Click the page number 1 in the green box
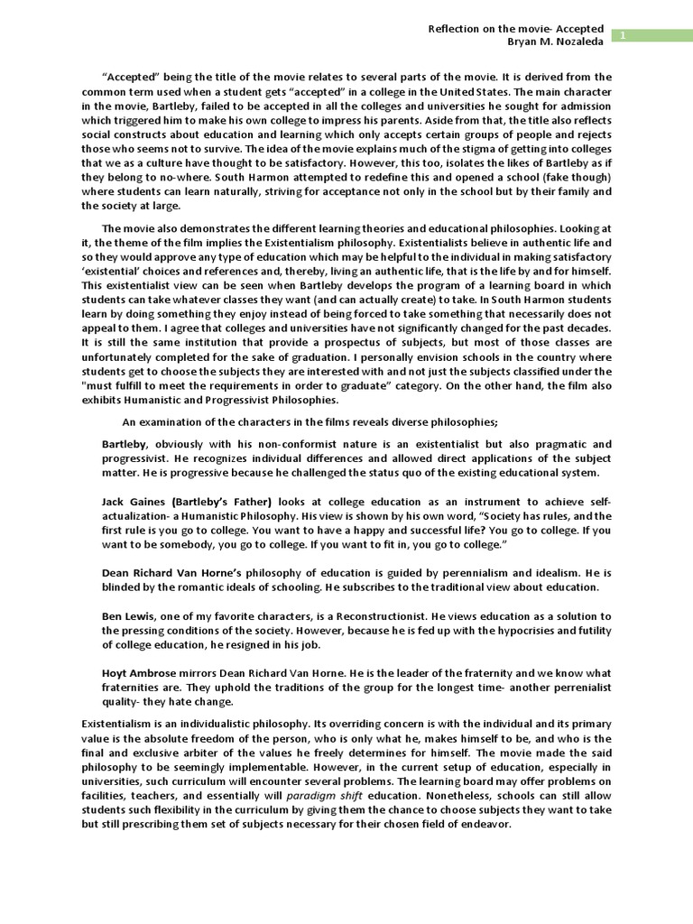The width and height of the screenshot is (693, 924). click(622, 34)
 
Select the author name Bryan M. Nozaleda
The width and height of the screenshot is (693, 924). click(557, 42)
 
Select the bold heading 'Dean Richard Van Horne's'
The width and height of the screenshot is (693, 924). click(171, 573)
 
